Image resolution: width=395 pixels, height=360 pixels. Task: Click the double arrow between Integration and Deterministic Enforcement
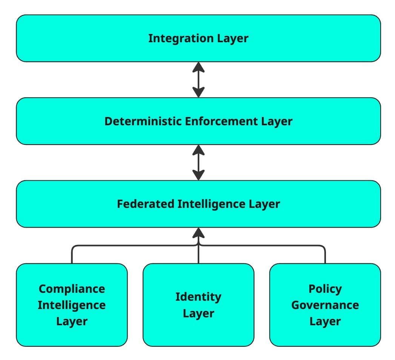(198, 80)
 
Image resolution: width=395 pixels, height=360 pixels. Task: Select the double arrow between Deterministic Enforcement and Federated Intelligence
(198, 162)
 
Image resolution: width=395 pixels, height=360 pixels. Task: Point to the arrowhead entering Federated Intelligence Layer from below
(198, 233)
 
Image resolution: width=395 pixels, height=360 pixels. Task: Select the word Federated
(145, 204)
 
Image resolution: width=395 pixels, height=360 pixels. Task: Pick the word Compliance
(72, 289)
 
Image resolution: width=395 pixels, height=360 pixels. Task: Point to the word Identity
(198, 297)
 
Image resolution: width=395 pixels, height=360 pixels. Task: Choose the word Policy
(325, 289)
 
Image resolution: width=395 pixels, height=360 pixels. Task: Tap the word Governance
(325, 305)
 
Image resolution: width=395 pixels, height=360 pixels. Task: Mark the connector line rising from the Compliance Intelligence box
(72, 255)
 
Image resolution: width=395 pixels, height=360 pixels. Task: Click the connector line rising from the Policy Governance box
(325, 255)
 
